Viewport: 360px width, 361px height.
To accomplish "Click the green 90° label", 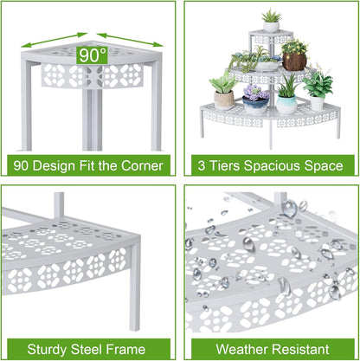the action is click(92, 55).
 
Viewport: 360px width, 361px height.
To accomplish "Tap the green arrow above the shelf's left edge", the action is click(54, 40).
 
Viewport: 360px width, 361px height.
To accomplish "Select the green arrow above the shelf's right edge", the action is click(130, 40).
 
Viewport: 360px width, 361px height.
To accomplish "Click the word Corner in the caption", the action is click(142, 166).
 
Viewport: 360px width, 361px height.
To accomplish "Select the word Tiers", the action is click(224, 166).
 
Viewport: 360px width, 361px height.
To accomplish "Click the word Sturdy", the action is click(47, 350).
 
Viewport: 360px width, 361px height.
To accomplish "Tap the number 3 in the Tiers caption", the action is click(202, 166).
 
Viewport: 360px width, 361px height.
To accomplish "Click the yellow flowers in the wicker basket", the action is click(294, 46).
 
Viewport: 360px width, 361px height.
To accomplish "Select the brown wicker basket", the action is click(294, 61).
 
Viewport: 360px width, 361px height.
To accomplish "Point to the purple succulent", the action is click(255, 92).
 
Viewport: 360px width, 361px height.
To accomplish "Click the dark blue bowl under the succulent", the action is click(255, 106).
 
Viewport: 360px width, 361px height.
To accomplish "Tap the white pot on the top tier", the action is click(271, 27).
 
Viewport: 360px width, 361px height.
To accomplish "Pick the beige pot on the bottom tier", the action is click(224, 100).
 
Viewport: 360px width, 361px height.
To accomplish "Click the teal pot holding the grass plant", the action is click(286, 104).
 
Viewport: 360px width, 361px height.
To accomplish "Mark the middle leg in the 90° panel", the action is click(92, 119).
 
